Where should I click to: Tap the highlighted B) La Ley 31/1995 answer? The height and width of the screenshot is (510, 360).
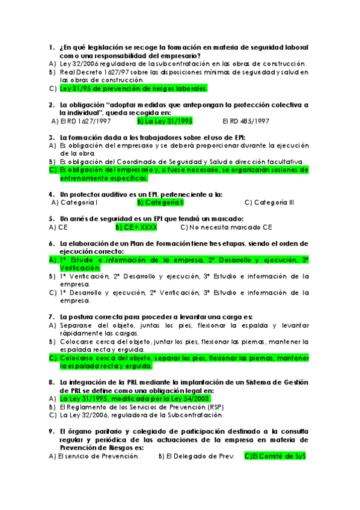pos(165,121)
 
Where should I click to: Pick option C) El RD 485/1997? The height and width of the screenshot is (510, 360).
pos(245,121)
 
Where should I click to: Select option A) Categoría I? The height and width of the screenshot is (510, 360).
pos(76,203)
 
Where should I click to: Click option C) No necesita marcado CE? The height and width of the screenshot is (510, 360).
pos(226,227)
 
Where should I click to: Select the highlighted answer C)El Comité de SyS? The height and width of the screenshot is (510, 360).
pos(275,456)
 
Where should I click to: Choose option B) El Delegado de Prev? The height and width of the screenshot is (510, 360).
pos(196,456)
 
